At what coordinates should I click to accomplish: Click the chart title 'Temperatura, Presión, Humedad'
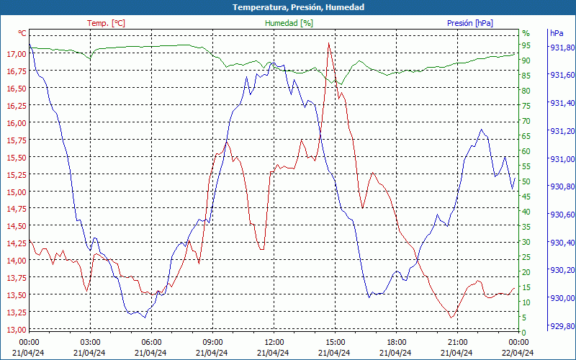pos(288,7)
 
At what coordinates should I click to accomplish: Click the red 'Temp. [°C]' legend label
pos(106,23)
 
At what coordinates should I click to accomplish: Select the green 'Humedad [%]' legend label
pos(289,23)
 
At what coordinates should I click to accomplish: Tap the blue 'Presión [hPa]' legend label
pos(470,23)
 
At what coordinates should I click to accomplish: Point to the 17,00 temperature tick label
pos(15,54)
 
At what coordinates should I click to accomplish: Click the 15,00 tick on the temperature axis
pos(15,192)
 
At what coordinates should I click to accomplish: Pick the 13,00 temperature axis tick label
pos(15,330)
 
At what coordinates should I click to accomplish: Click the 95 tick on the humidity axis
pos(526,45)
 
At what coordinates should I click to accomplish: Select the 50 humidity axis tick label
pos(526,181)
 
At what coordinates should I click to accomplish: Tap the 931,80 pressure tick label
pos(562,48)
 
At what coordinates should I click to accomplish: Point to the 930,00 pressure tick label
pos(562,298)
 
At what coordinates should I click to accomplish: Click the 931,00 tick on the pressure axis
pos(562,159)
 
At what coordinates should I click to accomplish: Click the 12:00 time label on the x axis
pos(274,342)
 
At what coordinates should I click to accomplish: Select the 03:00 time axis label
pos(90,342)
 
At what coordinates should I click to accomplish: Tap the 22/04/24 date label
pos(519,353)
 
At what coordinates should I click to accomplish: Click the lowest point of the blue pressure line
pos(145,318)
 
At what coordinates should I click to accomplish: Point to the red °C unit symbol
pos(22,33)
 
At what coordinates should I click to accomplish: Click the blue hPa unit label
pos(557,33)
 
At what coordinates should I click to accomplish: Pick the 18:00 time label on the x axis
pos(397,342)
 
